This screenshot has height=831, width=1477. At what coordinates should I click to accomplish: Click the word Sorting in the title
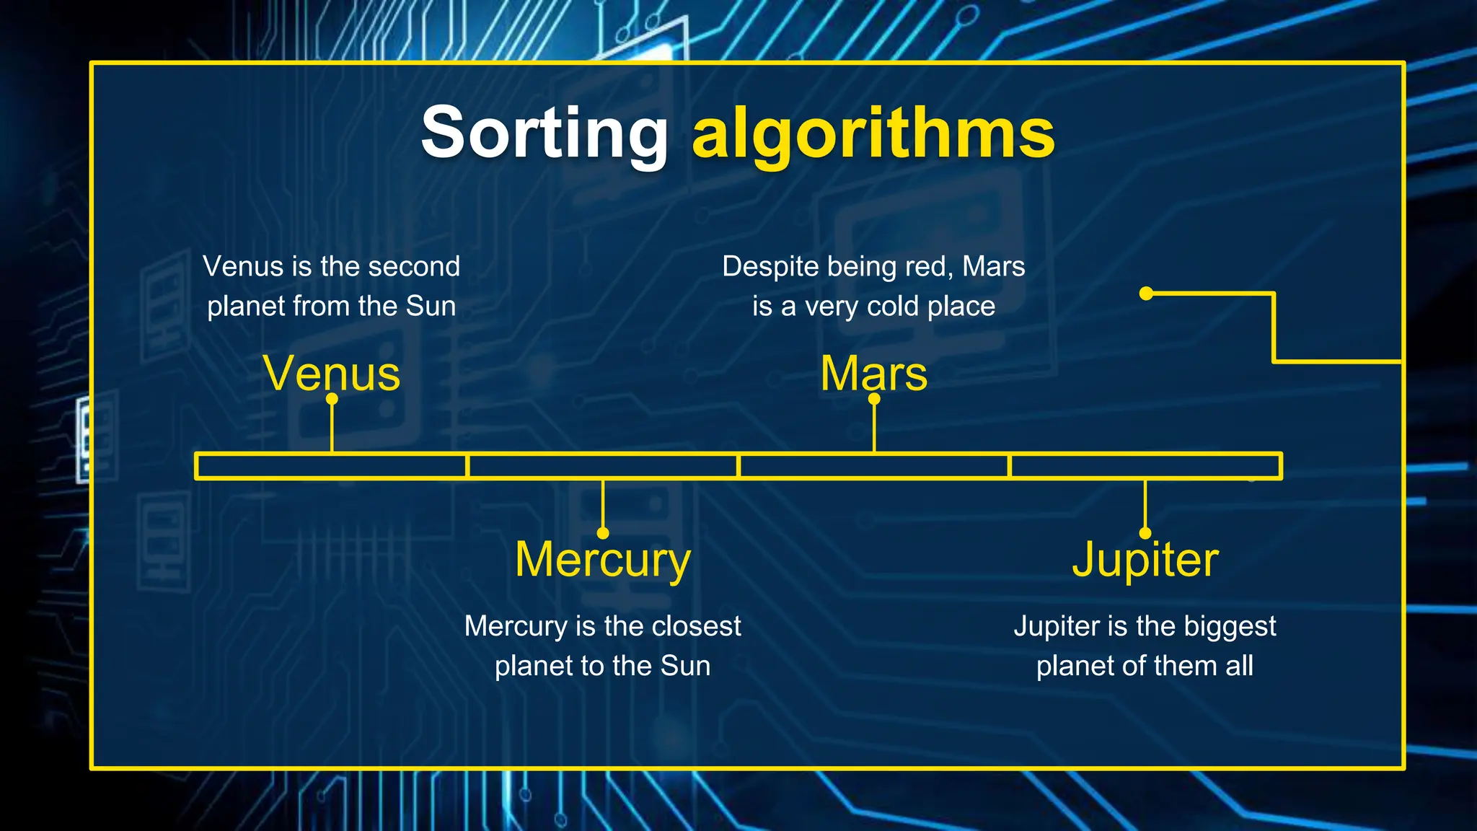pyautogui.click(x=544, y=133)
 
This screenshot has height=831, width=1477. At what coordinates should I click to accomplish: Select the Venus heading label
pyautogui.click(x=332, y=374)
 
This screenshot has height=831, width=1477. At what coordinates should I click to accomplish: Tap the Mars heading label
pyautogui.click(x=873, y=374)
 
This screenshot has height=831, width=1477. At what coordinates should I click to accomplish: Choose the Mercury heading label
pyautogui.click(x=603, y=560)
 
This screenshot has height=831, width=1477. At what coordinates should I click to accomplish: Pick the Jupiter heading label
pyautogui.click(x=1145, y=560)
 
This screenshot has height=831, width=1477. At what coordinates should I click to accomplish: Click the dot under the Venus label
pyautogui.click(x=332, y=398)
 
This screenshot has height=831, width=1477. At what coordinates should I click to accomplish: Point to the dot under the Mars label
pyautogui.click(x=874, y=398)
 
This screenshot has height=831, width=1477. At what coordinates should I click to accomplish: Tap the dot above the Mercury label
pyautogui.click(x=603, y=533)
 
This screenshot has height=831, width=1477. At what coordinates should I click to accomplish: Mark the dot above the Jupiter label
pyautogui.click(x=1145, y=533)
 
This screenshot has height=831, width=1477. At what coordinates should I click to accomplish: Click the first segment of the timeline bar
pyautogui.click(x=331, y=466)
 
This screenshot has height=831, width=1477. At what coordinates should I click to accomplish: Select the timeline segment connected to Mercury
pyautogui.click(x=603, y=466)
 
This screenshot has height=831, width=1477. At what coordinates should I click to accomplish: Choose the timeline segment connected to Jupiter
pyautogui.click(x=1145, y=466)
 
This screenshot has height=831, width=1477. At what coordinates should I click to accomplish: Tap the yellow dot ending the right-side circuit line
pyautogui.click(x=1146, y=294)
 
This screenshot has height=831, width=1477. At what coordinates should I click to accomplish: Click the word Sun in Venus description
pyautogui.click(x=431, y=307)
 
